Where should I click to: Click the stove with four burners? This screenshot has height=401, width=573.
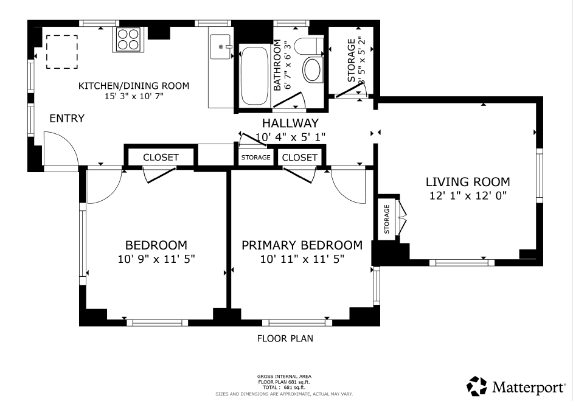[128, 39]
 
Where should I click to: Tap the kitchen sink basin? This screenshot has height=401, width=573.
[221, 46]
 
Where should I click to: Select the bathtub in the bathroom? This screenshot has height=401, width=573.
[254, 77]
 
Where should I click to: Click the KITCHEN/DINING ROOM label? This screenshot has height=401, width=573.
[134, 86]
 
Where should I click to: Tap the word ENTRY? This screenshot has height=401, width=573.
[67, 119]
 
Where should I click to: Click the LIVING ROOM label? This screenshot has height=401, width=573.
[467, 181]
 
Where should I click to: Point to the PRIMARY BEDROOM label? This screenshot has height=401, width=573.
[302, 245]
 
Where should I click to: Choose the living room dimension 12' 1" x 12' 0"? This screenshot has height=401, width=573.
[467, 195]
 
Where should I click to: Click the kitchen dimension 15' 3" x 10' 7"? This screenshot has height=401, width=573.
[134, 96]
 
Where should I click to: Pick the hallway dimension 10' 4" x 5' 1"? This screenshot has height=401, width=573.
[290, 138]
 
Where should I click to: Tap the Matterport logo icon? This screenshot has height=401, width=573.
[477, 386]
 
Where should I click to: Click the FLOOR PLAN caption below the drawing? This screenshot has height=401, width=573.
[285, 338]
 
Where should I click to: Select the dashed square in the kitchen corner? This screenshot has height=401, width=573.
[62, 52]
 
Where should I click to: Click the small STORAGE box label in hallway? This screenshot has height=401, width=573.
[255, 158]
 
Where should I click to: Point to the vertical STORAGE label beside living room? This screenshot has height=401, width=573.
[387, 219]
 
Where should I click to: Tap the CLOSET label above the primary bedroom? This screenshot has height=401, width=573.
[300, 158]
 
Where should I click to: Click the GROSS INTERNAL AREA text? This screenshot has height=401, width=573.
[284, 377]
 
